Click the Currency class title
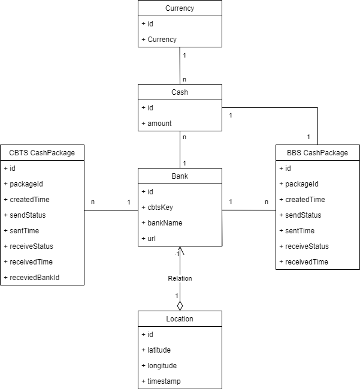tap(180, 8)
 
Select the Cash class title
tap(180, 92)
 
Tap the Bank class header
tap(180, 176)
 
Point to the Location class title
tap(180, 319)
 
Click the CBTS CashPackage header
tap(42, 153)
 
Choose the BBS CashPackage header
tap(317, 153)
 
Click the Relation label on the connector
tap(180, 278)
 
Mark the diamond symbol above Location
tap(180, 306)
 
